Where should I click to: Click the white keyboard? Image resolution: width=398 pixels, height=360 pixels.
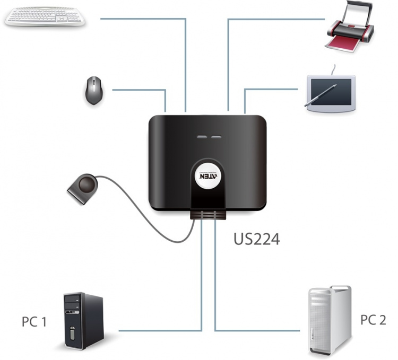point(45,16)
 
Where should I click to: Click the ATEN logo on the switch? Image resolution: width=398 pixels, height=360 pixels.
point(207,178)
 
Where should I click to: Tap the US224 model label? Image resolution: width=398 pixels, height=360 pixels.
point(256,238)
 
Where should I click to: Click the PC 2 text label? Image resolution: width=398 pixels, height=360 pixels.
point(373,320)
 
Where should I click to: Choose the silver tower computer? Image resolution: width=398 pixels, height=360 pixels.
point(329,320)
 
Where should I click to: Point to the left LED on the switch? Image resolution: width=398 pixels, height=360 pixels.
point(202,138)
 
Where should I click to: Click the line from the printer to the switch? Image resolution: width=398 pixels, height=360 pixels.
point(276,20)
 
